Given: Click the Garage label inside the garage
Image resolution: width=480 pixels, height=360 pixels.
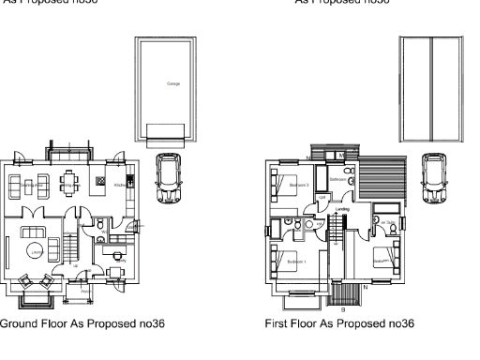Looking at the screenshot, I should (x=173, y=84).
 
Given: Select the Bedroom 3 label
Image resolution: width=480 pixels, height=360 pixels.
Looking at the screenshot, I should (x=299, y=186).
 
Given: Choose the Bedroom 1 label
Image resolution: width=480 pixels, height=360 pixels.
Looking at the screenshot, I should (x=297, y=260).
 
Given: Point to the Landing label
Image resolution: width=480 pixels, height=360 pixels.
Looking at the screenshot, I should (x=343, y=209).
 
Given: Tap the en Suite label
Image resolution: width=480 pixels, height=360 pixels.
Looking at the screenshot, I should (x=386, y=222).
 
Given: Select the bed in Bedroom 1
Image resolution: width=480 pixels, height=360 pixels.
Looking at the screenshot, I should (x=282, y=262).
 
